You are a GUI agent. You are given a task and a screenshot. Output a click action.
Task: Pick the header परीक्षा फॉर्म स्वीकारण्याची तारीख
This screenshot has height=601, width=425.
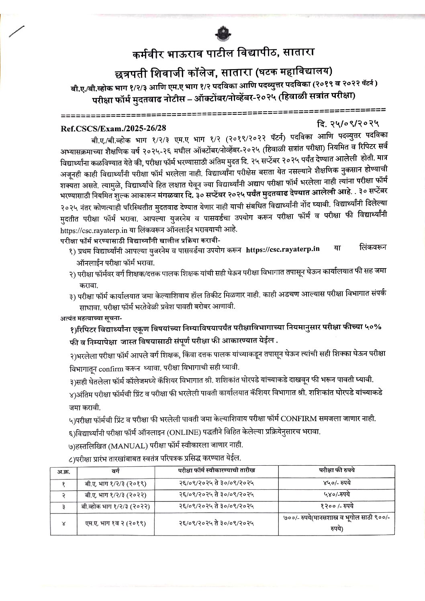coord(217,470)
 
